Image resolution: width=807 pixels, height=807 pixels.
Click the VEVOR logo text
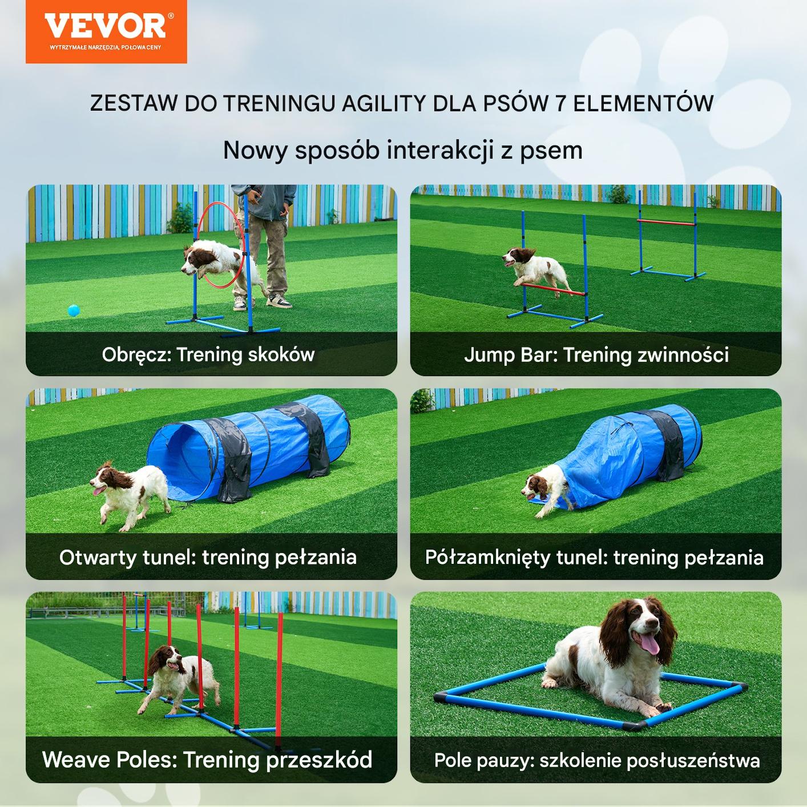click(106, 26)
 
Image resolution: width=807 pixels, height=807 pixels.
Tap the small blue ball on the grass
click(74, 310)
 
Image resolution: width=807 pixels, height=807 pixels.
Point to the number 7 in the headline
click(560, 103)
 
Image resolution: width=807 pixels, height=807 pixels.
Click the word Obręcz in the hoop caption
click(136, 355)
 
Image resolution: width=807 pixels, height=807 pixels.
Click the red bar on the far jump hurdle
click(666, 222)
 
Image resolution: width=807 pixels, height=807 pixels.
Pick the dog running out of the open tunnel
click(130, 495)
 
